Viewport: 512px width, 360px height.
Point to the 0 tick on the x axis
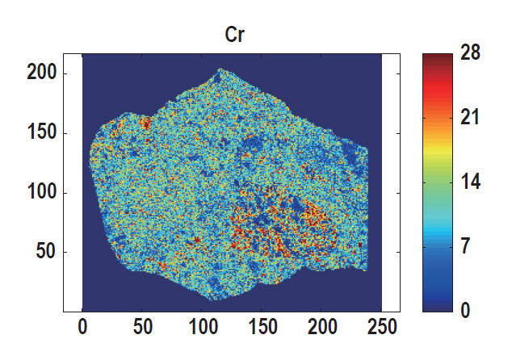pos(82,327)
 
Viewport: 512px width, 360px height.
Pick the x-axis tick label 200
pos(321,327)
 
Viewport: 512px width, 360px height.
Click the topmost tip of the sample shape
pos(220,70)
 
